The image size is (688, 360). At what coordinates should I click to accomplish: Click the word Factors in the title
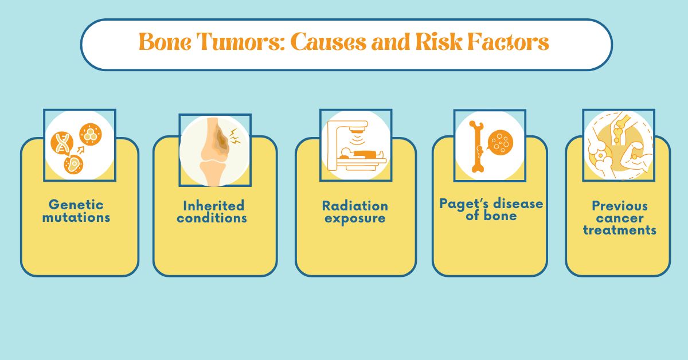click(508, 43)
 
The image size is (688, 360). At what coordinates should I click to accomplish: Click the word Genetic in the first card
click(76, 205)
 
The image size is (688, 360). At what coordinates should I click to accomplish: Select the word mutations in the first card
click(76, 218)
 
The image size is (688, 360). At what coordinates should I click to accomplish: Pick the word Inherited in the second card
click(213, 205)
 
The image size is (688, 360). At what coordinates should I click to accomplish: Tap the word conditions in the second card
click(212, 218)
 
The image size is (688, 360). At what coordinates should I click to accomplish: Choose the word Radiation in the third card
click(355, 206)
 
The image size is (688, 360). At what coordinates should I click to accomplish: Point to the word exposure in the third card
click(355, 218)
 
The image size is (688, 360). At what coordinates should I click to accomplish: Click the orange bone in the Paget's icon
click(476, 147)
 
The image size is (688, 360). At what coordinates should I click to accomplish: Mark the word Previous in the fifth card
click(620, 206)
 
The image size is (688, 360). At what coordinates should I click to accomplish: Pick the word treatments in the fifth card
click(620, 231)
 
